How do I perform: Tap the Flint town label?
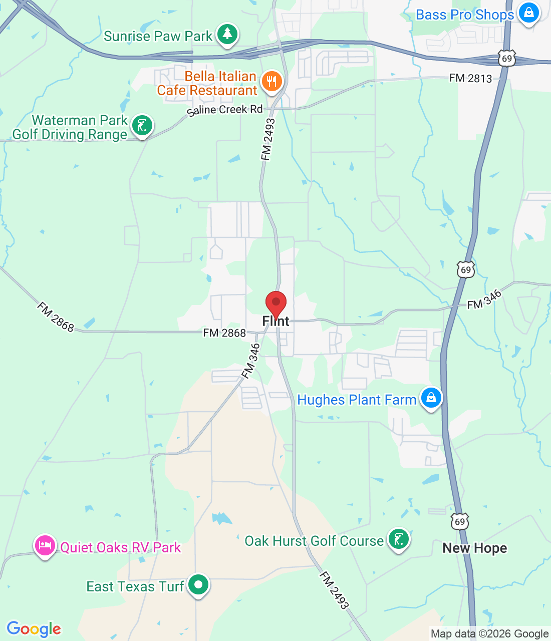pyautogui.click(x=276, y=322)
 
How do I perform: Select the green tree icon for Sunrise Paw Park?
pyautogui.click(x=228, y=35)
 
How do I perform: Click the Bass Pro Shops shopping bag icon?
pyautogui.click(x=528, y=13)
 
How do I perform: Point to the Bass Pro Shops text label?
pyautogui.click(x=465, y=15)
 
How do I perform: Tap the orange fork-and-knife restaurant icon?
pyautogui.click(x=271, y=81)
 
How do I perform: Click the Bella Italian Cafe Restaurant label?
pyautogui.click(x=207, y=83)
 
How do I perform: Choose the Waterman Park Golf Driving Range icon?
pyautogui.click(x=142, y=126)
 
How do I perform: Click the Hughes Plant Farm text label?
pyautogui.click(x=357, y=400)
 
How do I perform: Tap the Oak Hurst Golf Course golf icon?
pyautogui.click(x=398, y=540)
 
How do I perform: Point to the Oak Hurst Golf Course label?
pyautogui.click(x=314, y=541)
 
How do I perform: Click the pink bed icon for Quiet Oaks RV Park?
pyautogui.click(x=45, y=545)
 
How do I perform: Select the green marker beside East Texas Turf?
pyautogui.click(x=198, y=584)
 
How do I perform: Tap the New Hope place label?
pyautogui.click(x=474, y=548)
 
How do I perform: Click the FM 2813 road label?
pyautogui.click(x=470, y=78)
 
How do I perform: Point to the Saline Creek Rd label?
pyautogui.click(x=225, y=110)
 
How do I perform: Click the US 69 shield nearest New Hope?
pyautogui.click(x=460, y=522)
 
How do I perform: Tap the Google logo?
pyautogui.click(x=34, y=629)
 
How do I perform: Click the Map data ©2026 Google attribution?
pyautogui.click(x=489, y=634)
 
